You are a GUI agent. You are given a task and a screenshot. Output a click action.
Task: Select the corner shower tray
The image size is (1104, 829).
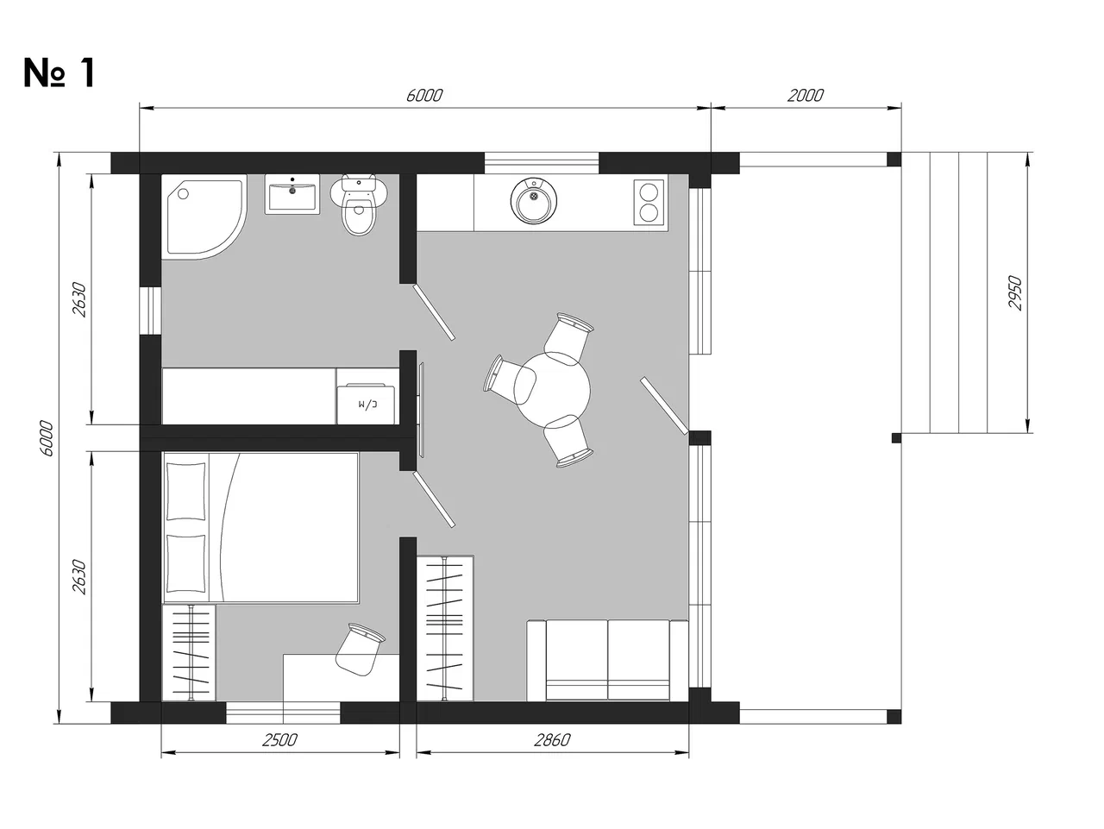pyautogui.click(x=204, y=217)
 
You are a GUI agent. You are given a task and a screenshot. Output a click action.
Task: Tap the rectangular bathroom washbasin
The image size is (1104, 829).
pyautogui.click(x=292, y=195)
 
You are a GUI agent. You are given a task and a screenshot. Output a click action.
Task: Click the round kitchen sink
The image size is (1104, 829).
pyautogui.click(x=534, y=201)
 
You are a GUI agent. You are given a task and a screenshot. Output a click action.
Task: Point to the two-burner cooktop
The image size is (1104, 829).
pyautogui.click(x=649, y=202)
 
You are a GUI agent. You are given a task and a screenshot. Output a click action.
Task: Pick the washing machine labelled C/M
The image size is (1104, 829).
pyautogui.click(x=366, y=404)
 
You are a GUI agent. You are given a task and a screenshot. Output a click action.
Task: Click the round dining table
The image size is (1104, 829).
pyautogui.click(x=552, y=391)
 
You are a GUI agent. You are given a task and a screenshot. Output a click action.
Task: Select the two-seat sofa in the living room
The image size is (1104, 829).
pyautogui.click(x=607, y=661)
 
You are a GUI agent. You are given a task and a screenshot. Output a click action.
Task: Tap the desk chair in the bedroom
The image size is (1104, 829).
pyautogui.click(x=359, y=650)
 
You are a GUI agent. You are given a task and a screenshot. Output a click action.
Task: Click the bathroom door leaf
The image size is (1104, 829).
pyautogui.click(x=434, y=312)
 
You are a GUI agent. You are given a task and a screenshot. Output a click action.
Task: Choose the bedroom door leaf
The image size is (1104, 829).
pyautogui.click(x=434, y=499)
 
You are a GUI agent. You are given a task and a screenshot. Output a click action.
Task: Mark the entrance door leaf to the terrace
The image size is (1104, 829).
pyautogui.click(x=664, y=405)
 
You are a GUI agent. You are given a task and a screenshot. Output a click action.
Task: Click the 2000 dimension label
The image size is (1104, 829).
pyautogui.click(x=806, y=96)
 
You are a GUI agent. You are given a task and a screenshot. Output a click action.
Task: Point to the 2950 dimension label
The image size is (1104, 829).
pyautogui.click(x=1015, y=293)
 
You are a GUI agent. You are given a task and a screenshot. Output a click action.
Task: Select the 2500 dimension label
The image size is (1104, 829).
pyautogui.click(x=279, y=740)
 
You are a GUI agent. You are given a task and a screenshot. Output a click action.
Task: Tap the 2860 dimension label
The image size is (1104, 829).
pyautogui.click(x=552, y=740)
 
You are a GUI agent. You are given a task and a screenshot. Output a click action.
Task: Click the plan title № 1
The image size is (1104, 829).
pyautogui.click(x=59, y=73)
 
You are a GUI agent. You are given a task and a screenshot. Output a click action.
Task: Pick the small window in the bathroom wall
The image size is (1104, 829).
pyautogui.click(x=150, y=311)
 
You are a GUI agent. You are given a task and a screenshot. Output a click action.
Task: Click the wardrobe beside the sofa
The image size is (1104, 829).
pyautogui.click(x=445, y=628)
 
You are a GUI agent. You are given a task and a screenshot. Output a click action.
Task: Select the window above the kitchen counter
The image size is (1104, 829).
pyautogui.click(x=542, y=163)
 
